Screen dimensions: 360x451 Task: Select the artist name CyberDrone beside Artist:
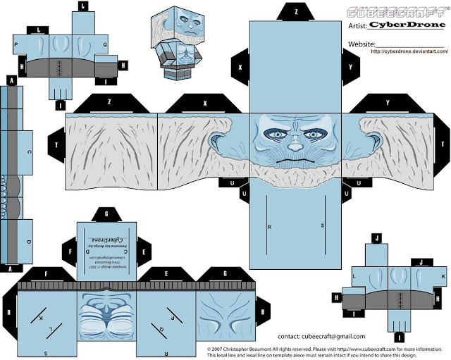[x=405, y=25]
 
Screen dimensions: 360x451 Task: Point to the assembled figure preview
[x=173, y=39]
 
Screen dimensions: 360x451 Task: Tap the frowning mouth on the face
[x=297, y=161]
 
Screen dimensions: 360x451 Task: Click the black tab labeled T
[x=56, y=144]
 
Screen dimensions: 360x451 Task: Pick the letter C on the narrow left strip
[x=28, y=151]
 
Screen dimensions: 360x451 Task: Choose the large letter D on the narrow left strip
[x=28, y=242]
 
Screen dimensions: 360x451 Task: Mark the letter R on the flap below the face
[x=269, y=227]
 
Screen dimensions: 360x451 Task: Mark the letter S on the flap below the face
[x=322, y=227]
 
